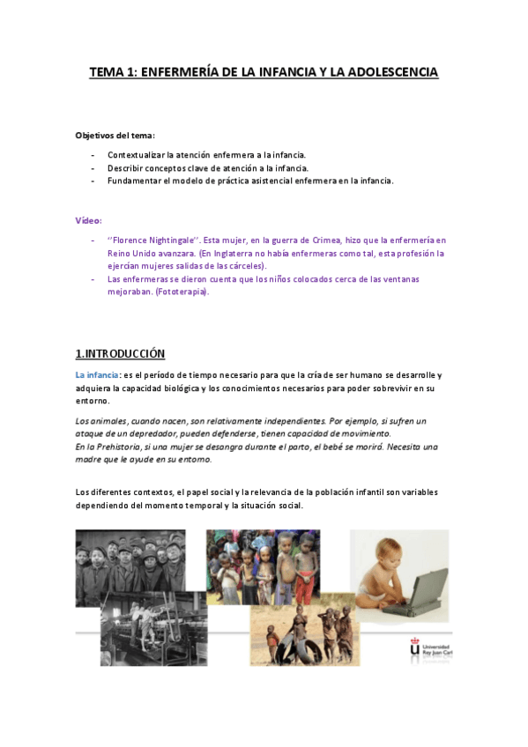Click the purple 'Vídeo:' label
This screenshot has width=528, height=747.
coord(89,220)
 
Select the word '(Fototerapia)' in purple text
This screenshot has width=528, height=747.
coord(182,292)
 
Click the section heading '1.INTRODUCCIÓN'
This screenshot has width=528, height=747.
coord(120,353)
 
